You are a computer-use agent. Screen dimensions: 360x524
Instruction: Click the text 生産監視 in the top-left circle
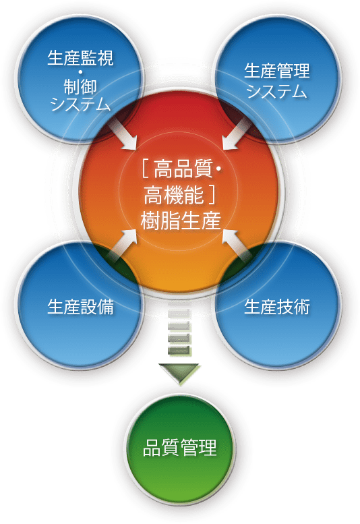pyautogui.click(x=80, y=57)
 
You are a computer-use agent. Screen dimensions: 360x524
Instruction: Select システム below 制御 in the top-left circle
pyautogui.click(x=80, y=104)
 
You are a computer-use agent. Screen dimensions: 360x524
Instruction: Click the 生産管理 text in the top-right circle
pyautogui.click(x=277, y=71)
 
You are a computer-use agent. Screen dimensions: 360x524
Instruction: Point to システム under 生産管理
pyautogui.click(x=277, y=91)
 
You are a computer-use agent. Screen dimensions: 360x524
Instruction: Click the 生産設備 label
pyautogui.click(x=80, y=306)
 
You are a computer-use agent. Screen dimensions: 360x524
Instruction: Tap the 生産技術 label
pyautogui.click(x=277, y=306)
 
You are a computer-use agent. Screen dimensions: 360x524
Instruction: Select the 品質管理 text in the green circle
pyautogui.click(x=180, y=448)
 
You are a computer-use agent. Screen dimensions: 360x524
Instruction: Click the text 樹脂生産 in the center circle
pyautogui.click(x=180, y=221)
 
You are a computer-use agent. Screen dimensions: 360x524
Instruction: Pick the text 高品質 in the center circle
pyautogui.click(x=183, y=169)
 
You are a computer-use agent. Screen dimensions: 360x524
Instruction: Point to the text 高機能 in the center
pyautogui.click(x=173, y=195)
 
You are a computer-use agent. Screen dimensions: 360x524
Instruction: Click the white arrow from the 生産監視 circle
pyautogui.click(x=123, y=135)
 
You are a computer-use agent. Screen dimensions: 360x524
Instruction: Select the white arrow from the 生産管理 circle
pyautogui.click(x=237, y=134)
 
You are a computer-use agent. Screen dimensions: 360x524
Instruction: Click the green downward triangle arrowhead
pyautogui.click(x=180, y=373)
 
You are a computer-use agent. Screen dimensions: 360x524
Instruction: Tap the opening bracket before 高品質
pyautogui.click(x=146, y=169)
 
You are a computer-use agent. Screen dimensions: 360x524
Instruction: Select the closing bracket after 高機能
pyautogui.click(x=211, y=195)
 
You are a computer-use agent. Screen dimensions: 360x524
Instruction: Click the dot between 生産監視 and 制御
pyautogui.click(x=80, y=72)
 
